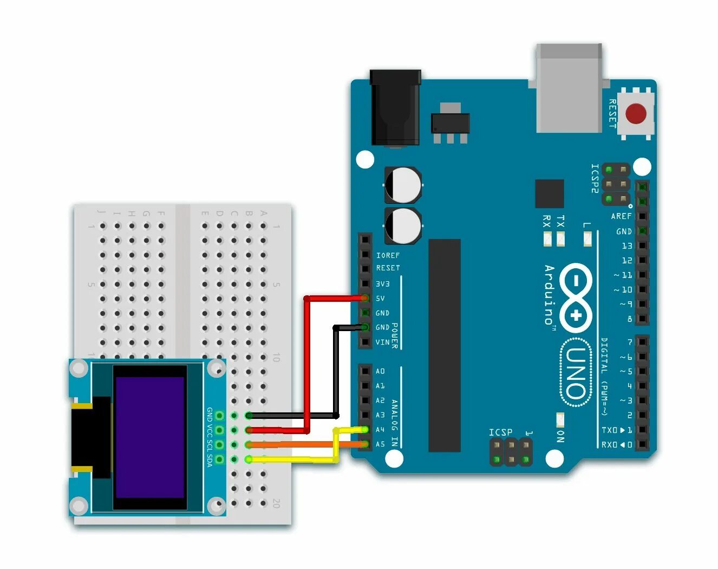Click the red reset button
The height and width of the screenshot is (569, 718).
[x=636, y=114]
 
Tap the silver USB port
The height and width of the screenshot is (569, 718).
[x=569, y=88]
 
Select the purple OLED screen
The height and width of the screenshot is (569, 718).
[x=150, y=437]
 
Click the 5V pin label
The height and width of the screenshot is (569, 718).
[x=380, y=299]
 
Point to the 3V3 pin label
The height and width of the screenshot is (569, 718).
[x=383, y=284]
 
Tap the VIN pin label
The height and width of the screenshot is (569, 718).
[x=383, y=342]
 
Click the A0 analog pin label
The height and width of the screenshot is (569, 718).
[x=380, y=371]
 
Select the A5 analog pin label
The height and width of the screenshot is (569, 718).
[x=380, y=444]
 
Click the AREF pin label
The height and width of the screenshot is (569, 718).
[x=621, y=216]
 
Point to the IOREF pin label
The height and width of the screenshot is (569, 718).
[x=388, y=255]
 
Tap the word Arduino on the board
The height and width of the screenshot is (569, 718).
[x=549, y=295]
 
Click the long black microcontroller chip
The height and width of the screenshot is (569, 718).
[x=445, y=345]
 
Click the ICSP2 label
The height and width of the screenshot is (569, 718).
[x=595, y=178]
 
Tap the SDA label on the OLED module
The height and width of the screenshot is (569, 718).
[x=210, y=460]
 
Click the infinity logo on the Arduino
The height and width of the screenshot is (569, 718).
[x=576, y=298]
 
